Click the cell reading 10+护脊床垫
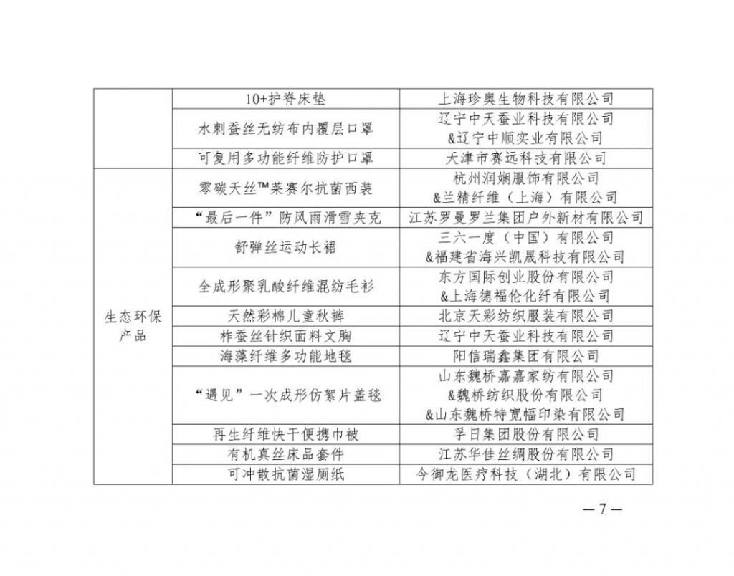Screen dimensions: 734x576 [x=285, y=99]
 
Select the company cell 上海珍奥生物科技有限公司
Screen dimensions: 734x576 [x=525, y=99]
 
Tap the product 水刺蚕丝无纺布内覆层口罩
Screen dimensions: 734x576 [x=285, y=129]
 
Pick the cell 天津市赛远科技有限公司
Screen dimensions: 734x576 [x=525, y=158]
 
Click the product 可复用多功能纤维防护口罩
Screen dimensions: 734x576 [x=285, y=158]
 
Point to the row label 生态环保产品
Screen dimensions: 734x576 [x=133, y=326]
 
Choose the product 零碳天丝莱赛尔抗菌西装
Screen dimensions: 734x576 [x=285, y=188]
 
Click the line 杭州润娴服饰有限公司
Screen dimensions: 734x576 [x=525, y=178]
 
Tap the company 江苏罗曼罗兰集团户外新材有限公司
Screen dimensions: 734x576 [x=525, y=218]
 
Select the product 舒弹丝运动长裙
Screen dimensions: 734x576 [x=285, y=247]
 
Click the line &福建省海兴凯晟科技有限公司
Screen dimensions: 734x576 [x=525, y=257]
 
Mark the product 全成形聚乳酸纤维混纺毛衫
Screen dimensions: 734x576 [x=285, y=287]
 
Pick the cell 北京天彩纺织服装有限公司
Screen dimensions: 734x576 [x=525, y=317]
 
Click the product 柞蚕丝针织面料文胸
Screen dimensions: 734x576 [x=285, y=337]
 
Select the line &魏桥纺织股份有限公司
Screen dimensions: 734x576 [x=525, y=395]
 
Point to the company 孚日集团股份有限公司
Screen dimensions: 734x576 [x=525, y=435]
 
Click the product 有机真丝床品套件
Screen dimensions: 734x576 [x=285, y=454]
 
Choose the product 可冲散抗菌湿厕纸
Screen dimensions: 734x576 [x=285, y=474]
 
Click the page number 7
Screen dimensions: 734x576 [x=602, y=509]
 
